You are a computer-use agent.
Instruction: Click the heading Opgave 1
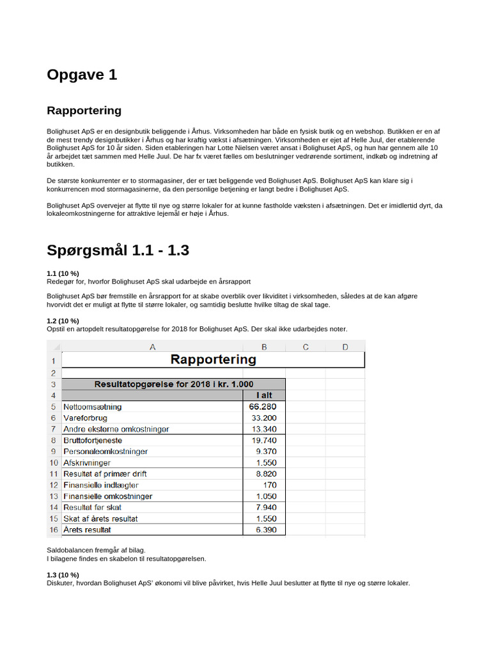82,75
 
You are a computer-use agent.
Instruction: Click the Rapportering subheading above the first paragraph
84,110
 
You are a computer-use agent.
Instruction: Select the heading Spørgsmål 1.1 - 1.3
118,250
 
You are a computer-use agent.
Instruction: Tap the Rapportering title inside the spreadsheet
213,360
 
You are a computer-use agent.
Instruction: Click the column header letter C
305,347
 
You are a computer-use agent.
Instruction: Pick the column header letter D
345,347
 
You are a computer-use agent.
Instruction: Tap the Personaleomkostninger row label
105,452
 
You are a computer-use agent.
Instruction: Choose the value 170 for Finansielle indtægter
270,485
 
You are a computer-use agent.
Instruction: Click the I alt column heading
264,395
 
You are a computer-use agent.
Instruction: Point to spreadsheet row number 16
54,529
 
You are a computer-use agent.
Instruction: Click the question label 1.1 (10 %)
63,273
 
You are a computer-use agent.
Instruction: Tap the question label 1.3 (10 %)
63,575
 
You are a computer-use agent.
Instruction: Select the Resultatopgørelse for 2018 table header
173,384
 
